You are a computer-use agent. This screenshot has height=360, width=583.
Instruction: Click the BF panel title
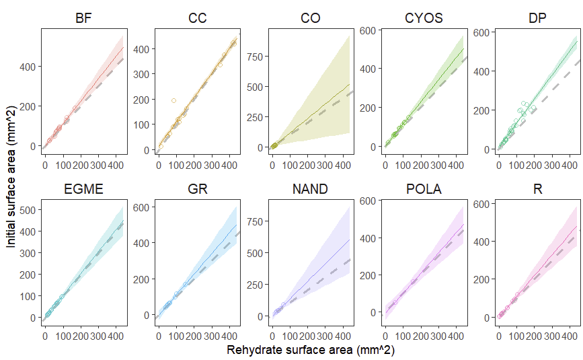(x=83, y=18)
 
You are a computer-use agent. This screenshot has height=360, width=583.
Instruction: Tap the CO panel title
(x=310, y=18)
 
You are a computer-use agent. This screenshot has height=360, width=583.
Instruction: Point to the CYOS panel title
(x=424, y=18)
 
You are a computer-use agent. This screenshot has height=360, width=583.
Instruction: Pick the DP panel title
(x=537, y=18)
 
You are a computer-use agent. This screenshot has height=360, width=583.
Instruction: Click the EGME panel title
(x=83, y=189)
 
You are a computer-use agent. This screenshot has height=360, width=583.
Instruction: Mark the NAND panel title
(x=310, y=189)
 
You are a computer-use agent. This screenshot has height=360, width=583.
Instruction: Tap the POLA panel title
(x=424, y=189)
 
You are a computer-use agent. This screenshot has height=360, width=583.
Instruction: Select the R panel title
(x=537, y=189)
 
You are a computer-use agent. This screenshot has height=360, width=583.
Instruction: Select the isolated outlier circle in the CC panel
(x=173, y=101)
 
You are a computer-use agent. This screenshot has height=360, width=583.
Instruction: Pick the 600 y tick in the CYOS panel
(x=368, y=30)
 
